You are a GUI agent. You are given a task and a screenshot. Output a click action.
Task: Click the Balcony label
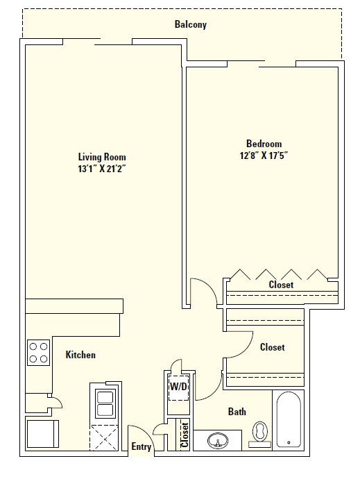click(x=190, y=25)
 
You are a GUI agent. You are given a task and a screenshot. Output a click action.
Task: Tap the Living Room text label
click(x=102, y=157)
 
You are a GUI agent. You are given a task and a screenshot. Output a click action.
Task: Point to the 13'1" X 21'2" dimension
click(x=102, y=169)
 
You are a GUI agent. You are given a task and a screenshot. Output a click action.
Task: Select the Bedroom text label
click(x=263, y=144)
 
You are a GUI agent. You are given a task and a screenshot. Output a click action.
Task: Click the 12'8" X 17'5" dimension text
click(x=263, y=156)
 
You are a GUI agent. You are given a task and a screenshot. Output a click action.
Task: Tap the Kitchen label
click(x=80, y=355)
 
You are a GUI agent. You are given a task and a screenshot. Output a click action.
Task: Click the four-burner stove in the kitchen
click(x=38, y=353)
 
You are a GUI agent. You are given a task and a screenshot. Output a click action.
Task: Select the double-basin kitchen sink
click(x=105, y=403)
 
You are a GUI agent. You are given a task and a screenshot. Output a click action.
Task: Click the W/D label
click(x=179, y=386)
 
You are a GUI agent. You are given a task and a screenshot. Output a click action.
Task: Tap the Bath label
click(x=237, y=412)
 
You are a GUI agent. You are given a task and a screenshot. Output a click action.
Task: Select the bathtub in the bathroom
click(x=288, y=419)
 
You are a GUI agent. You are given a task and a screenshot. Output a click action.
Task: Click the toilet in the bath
click(x=261, y=432)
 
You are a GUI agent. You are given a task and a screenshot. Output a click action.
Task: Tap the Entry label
click(x=142, y=447)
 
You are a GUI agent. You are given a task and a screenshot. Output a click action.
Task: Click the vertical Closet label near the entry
click(x=185, y=435)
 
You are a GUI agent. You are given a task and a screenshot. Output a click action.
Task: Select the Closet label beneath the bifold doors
click(x=281, y=285)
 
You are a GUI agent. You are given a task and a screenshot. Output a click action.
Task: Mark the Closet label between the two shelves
click(x=272, y=347)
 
